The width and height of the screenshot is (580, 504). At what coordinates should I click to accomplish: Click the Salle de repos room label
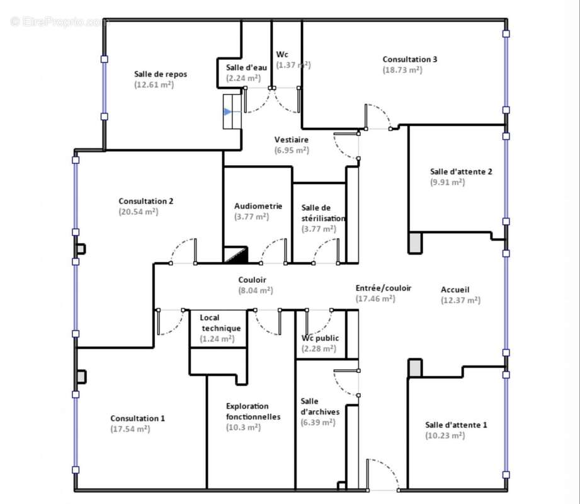pyautogui.click(x=161, y=74)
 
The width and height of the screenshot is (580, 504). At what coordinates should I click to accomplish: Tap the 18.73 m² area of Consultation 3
pyautogui.click(x=402, y=70)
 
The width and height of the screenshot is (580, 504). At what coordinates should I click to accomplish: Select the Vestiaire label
pyautogui.click(x=292, y=139)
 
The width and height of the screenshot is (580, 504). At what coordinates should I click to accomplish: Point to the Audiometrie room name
pyautogui.click(x=258, y=206)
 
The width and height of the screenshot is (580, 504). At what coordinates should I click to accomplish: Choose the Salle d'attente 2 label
pyautogui.click(x=461, y=172)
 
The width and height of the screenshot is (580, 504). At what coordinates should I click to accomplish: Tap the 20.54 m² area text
pyautogui.click(x=139, y=212)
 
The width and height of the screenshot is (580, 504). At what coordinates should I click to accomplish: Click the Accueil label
pyautogui.click(x=455, y=290)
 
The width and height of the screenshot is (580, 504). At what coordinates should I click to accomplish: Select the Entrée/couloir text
pyautogui.click(x=384, y=288)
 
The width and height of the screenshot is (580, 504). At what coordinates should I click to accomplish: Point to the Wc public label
pyautogui.click(x=320, y=338)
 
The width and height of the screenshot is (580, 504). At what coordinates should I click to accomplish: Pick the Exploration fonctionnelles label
pyautogui.click(x=253, y=411)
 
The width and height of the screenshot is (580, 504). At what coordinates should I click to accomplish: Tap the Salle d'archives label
pyautogui.click(x=320, y=406)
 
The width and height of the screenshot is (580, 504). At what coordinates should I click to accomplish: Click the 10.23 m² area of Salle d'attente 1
pyautogui.click(x=445, y=435)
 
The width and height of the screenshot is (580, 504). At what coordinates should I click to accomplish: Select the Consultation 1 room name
pyautogui.click(x=138, y=418)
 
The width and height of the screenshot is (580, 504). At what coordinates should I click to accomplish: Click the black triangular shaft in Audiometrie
pyautogui.click(x=236, y=255)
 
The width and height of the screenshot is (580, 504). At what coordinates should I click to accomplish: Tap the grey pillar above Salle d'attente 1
pyautogui.click(x=415, y=368)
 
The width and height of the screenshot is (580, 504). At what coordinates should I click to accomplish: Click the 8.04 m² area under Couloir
pyautogui.click(x=256, y=290)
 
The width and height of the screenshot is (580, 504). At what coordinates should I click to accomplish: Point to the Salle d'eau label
pyautogui.click(x=246, y=67)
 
